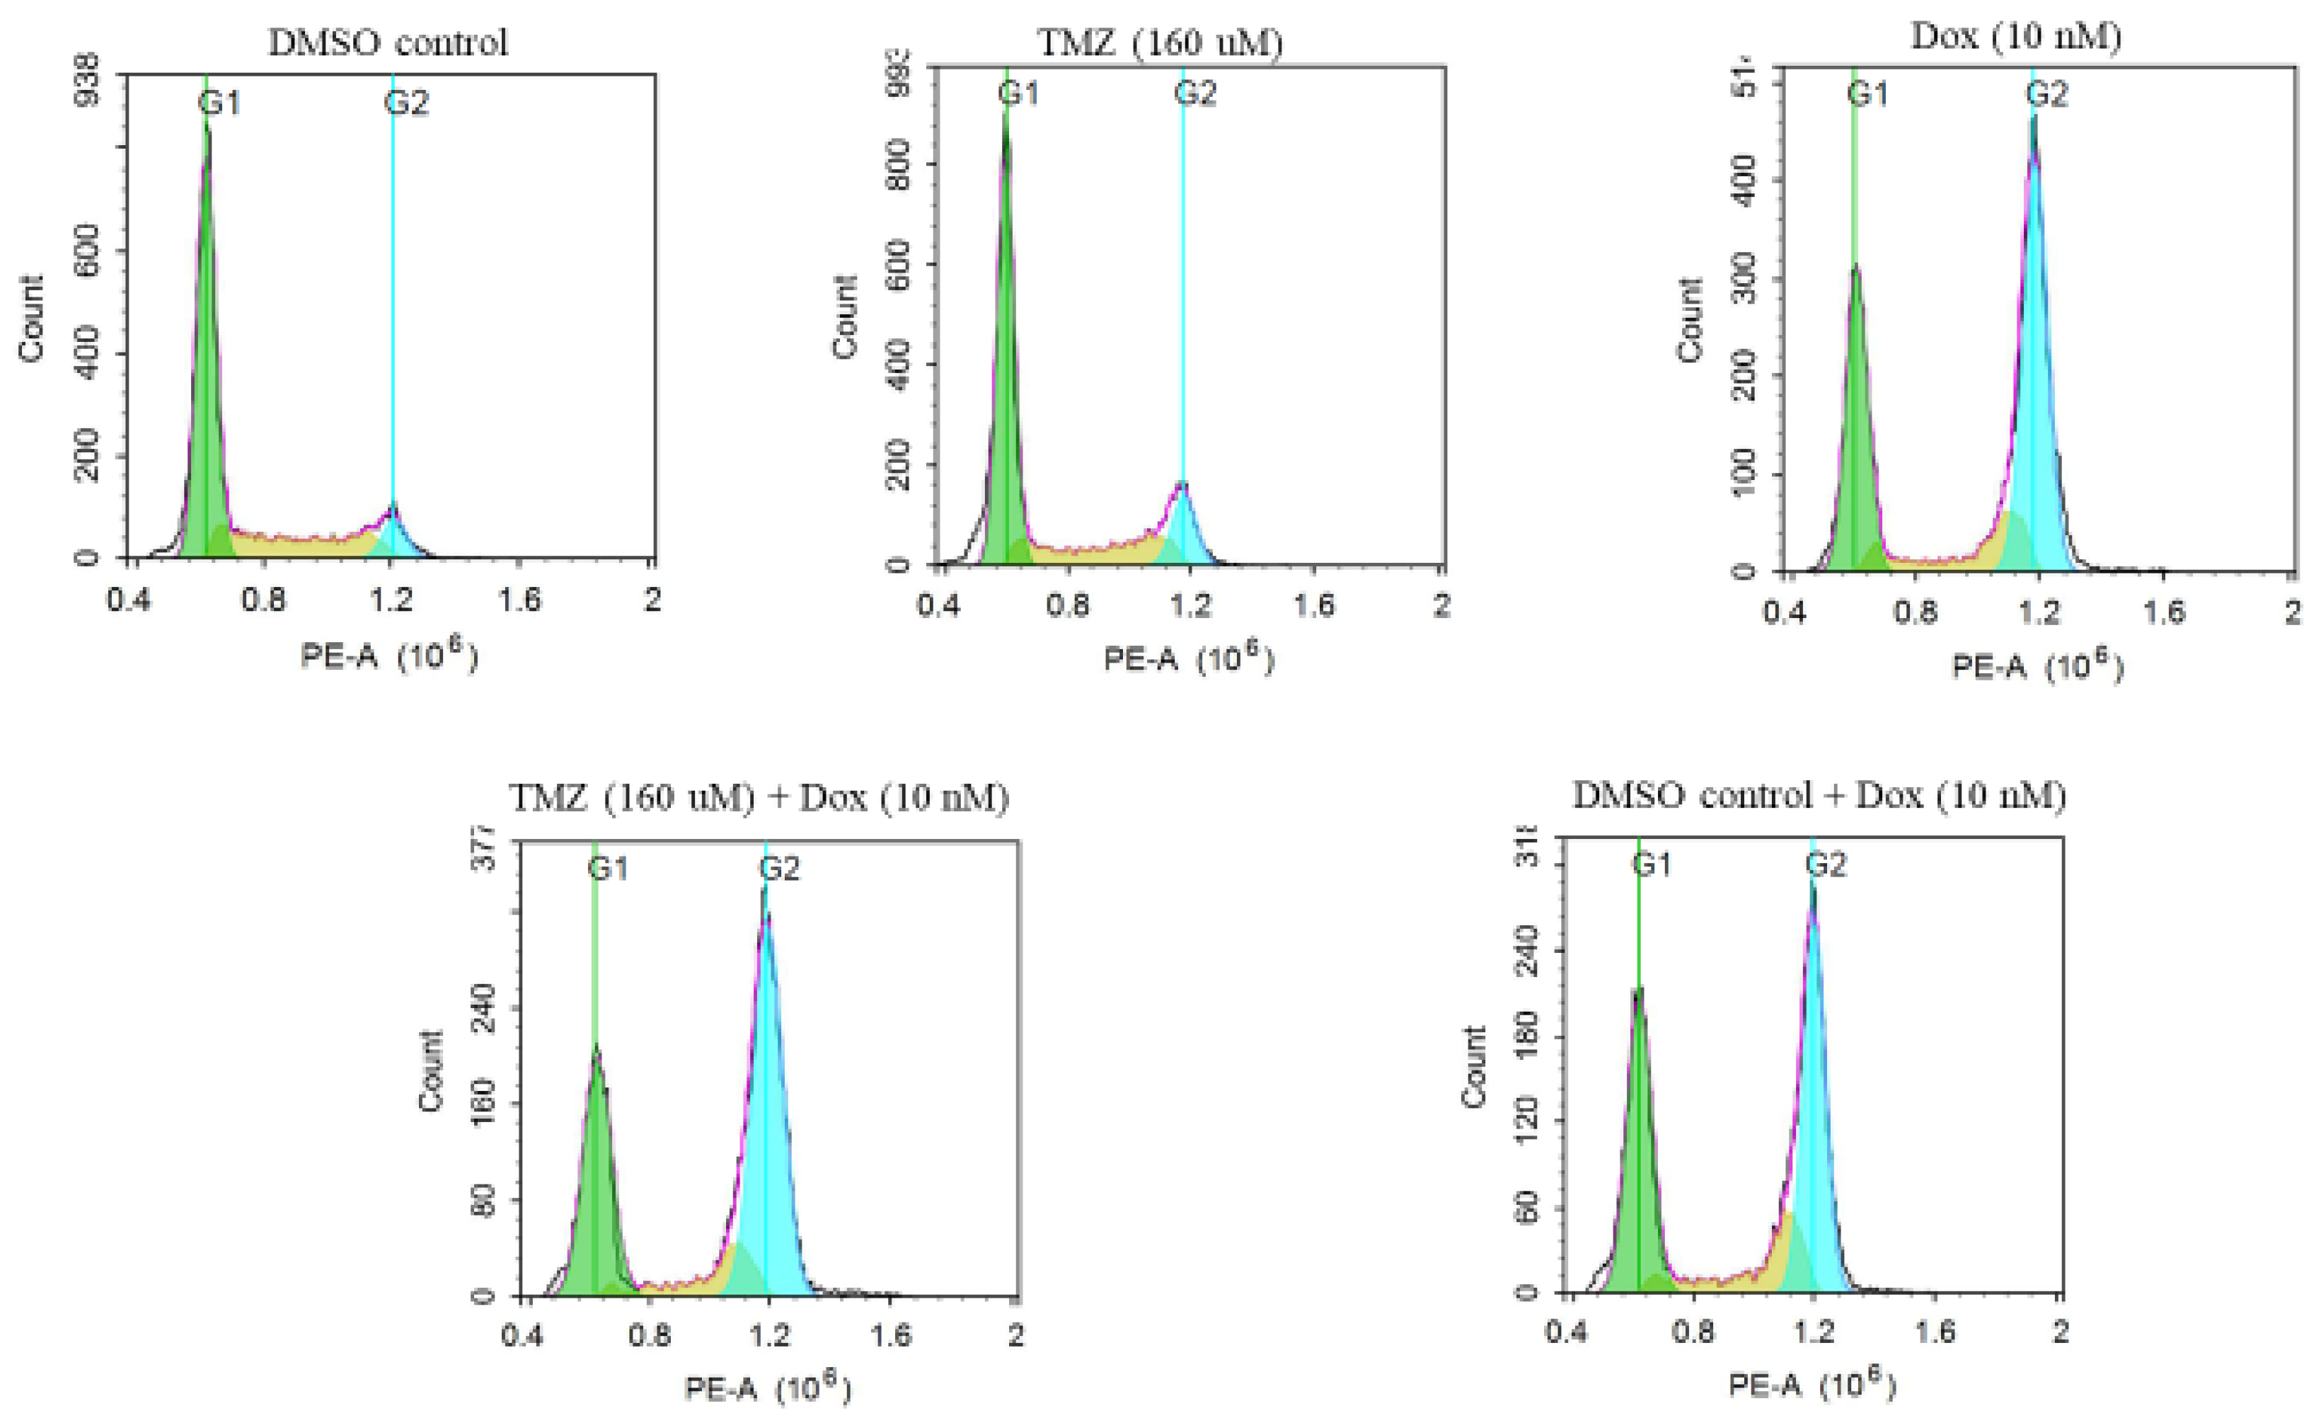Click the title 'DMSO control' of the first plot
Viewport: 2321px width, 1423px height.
tap(387, 43)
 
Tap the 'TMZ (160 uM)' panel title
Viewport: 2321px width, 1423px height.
tap(1160, 43)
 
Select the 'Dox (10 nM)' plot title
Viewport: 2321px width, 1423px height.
tap(2016, 37)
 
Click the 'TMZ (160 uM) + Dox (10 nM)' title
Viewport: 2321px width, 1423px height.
tap(759, 798)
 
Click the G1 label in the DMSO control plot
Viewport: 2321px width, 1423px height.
tap(219, 102)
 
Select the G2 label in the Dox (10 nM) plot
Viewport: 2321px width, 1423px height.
tap(2046, 94)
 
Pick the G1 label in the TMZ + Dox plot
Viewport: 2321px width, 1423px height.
tap(609, 868)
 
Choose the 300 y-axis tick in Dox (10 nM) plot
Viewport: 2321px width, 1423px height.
tap(1744, 279)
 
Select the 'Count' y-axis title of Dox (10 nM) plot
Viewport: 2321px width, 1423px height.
tap(1690, 321)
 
